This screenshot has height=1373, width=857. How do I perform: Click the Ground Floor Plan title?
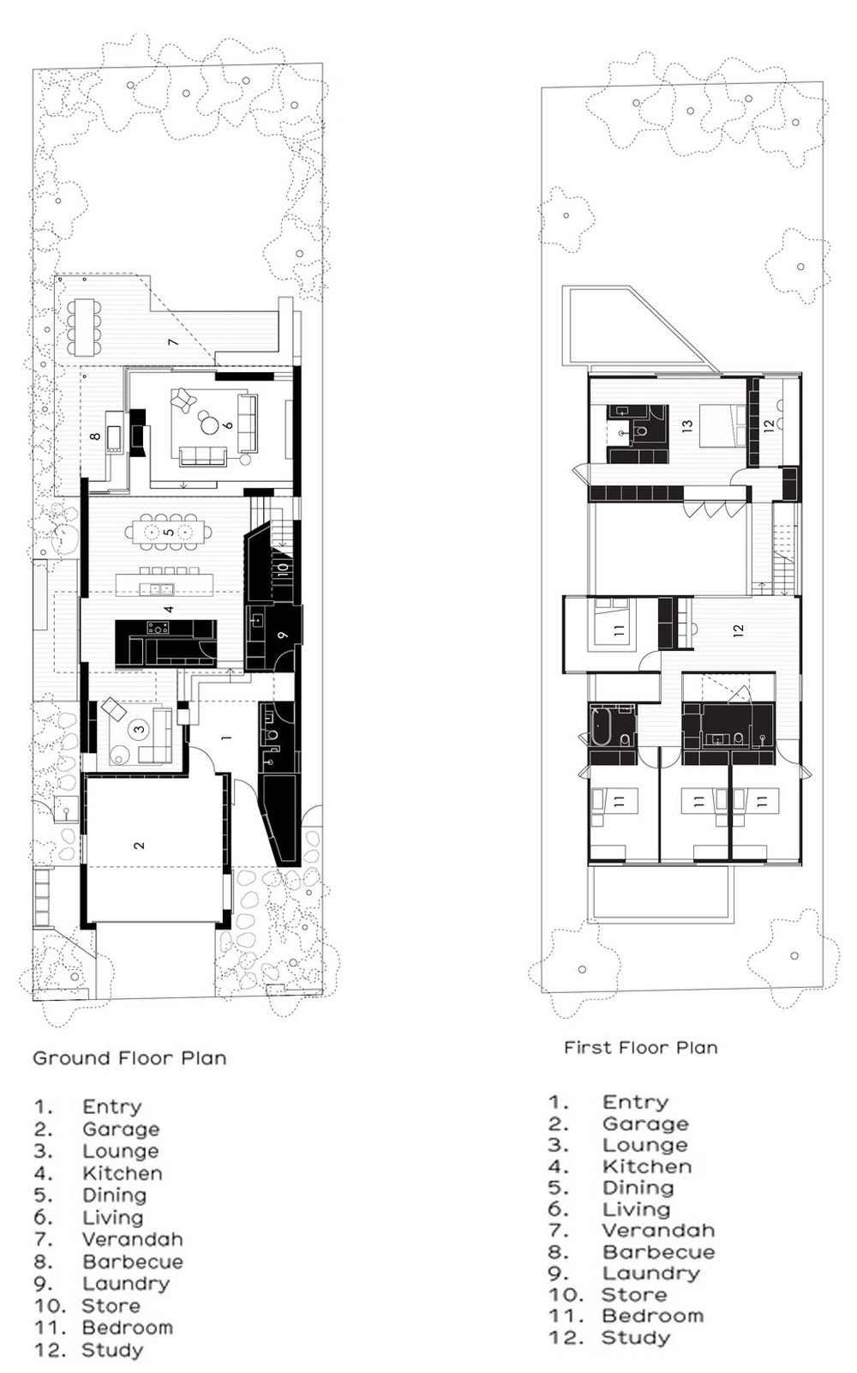point(129,1057)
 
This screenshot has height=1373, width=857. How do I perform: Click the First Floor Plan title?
point(640,1047)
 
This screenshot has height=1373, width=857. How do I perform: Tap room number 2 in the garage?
point(140,846)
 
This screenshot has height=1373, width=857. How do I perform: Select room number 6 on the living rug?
point(228,424)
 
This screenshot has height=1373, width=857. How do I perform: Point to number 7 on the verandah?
point(172,342)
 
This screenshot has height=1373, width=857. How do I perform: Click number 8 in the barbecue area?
point(96,437)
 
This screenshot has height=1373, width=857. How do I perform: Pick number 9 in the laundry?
point(283,635)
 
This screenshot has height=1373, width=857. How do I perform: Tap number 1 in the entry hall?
point(226,737)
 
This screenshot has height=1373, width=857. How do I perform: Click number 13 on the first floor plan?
point(687,425)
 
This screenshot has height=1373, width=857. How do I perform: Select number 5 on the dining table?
point(169,533)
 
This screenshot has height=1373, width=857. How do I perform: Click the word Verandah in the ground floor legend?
point(132,1239)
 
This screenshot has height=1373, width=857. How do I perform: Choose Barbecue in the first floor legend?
point(657,1251)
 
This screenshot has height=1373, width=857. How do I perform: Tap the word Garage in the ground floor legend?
point(121,1129)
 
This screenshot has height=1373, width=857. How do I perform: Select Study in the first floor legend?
point(635,1337)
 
